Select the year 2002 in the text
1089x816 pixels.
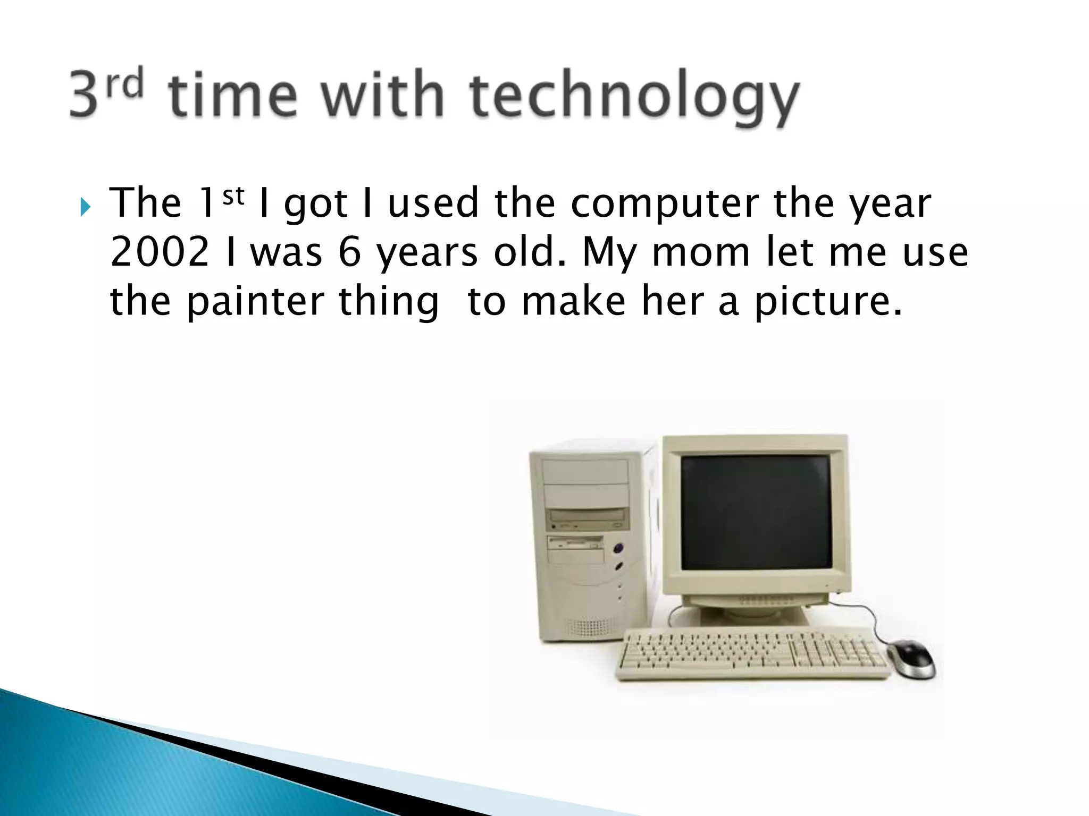160,252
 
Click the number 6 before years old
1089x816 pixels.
349,252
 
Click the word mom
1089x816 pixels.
700,252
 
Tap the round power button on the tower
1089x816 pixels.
617,548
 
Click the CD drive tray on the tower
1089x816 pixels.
588,515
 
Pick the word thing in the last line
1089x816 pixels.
389,302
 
